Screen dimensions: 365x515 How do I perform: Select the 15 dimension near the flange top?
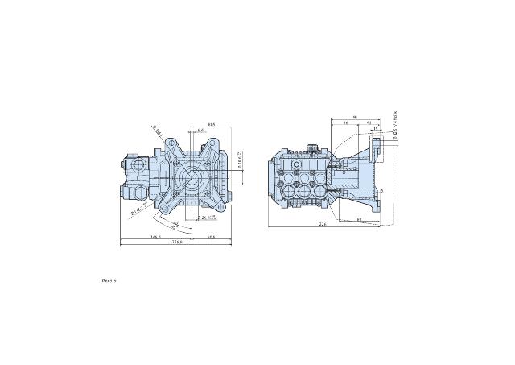[375, 129]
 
